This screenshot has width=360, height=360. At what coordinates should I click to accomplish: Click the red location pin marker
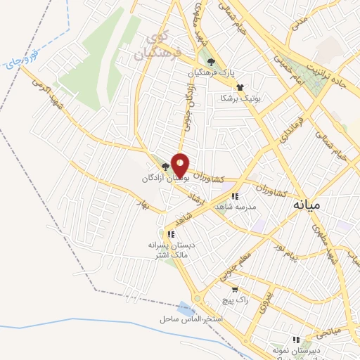[x=180, y=165]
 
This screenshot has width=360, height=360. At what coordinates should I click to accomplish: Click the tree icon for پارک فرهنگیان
[x=211, y=62]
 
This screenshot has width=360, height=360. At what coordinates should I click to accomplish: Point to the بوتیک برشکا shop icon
[x=240, y=87]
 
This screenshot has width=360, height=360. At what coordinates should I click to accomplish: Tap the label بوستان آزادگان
[x=165, y=179]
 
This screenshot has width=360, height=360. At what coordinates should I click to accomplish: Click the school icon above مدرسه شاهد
[x=235, y=196]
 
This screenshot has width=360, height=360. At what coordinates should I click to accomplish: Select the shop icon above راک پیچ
[x=234, y=290]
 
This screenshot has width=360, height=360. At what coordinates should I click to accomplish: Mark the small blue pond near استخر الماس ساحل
[x=186, y=307]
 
